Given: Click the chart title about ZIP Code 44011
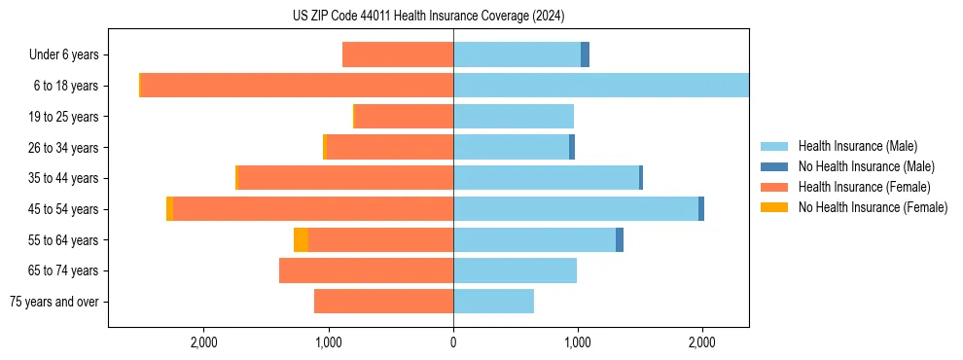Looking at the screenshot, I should [428, 16].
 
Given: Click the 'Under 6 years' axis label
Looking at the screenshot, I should [69, 55].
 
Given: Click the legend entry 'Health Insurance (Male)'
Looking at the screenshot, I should [858, 146].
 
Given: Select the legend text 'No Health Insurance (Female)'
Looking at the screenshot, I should [873, 207].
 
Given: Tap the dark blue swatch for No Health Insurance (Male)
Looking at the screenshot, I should [774, 166].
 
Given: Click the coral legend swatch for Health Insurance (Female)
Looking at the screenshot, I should [774, 187].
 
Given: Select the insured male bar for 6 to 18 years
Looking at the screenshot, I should [601, 86].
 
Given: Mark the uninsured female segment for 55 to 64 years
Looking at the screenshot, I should [301, 240].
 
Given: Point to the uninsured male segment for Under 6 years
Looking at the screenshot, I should [585, 55].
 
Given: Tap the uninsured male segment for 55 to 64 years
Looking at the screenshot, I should [620, 240].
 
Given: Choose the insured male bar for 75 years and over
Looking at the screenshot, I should [493, 302].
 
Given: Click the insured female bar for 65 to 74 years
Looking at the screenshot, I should [366, 270].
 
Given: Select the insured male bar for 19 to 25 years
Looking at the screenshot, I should [514, 117].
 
